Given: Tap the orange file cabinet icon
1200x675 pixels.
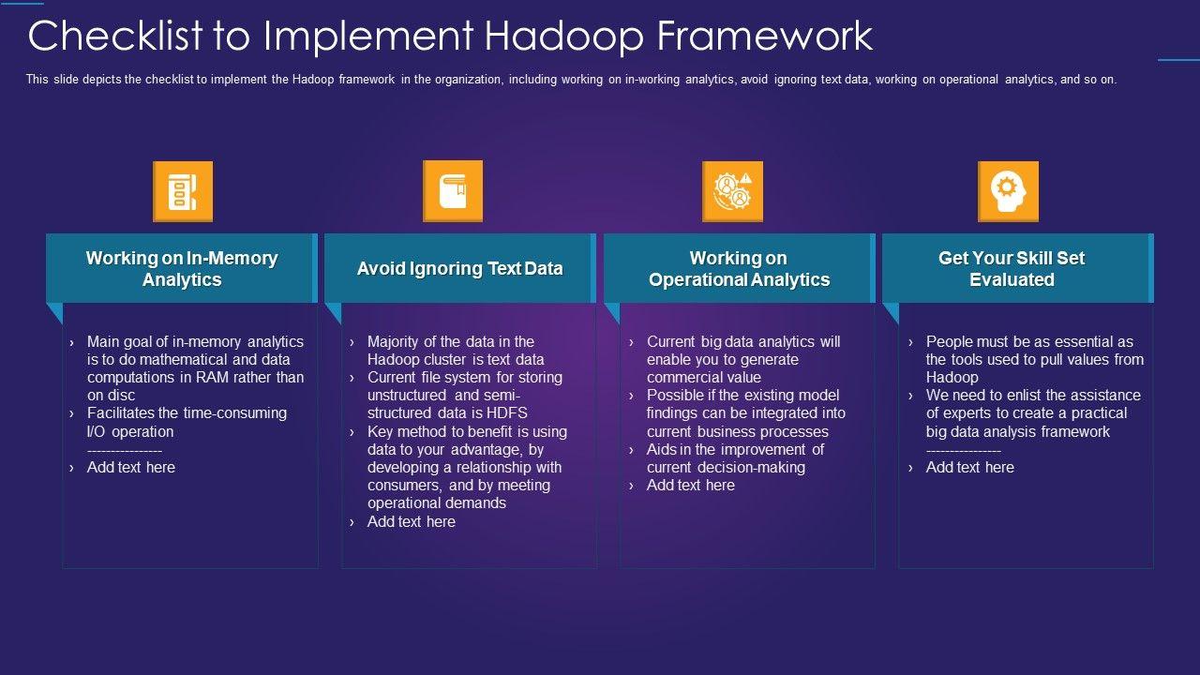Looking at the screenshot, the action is tap(183, 192).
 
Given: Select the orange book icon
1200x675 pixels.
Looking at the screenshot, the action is tap(453, 191).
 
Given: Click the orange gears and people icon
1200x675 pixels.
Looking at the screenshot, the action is tap(733, 192).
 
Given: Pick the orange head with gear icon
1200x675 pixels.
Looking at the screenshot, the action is tap(1008, 192).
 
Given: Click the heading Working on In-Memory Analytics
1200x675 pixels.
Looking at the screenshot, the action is tap(182, 268).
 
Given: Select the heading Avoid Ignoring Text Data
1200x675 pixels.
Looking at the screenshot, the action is tap(459, 268).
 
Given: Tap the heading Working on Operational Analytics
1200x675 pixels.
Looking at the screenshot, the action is tap(740, 268).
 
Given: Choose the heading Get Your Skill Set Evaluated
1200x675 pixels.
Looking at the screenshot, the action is tap(1012, 268).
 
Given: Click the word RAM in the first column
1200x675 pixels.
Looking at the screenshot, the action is tap(212, 377).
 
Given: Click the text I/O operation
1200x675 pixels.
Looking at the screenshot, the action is tap(130, 431).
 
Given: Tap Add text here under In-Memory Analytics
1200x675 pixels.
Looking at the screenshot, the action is tap(131, 467).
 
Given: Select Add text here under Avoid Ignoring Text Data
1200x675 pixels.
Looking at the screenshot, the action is tap(412, 521).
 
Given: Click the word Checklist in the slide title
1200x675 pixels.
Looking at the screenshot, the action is tap(115, 37).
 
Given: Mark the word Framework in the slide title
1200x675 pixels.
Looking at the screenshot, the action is tap(765, 37).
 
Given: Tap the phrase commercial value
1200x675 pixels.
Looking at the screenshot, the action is tap(704, 377).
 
